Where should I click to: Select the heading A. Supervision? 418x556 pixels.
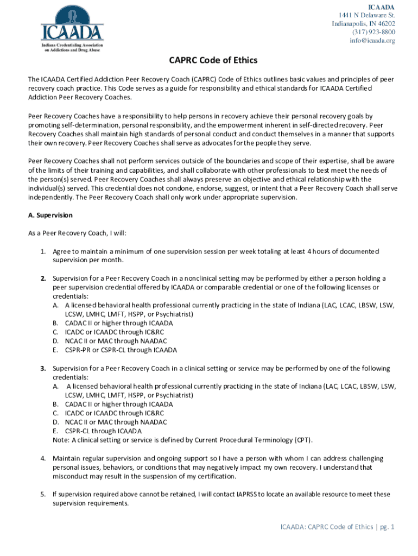click(x=50, y=216)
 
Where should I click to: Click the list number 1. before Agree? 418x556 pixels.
click(x=42, y=251)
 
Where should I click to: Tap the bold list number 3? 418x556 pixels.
click(x=42, y=369)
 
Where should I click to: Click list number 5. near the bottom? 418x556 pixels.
click(x=42, y=494)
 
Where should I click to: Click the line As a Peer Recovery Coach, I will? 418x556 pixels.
click(x=77, y=233)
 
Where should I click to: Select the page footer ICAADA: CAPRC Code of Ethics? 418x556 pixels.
click(x=326, y=527)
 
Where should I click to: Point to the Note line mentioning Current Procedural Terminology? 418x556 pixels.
click(x=183, y=440)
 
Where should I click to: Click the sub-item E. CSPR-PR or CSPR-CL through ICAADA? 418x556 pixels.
click(x=115, y=350)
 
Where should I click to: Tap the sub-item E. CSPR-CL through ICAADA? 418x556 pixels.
click(x=97, y=431)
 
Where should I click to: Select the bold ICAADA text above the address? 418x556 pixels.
click(x=381, y=7)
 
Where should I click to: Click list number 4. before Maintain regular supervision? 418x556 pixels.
click(x=42, y=458)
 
